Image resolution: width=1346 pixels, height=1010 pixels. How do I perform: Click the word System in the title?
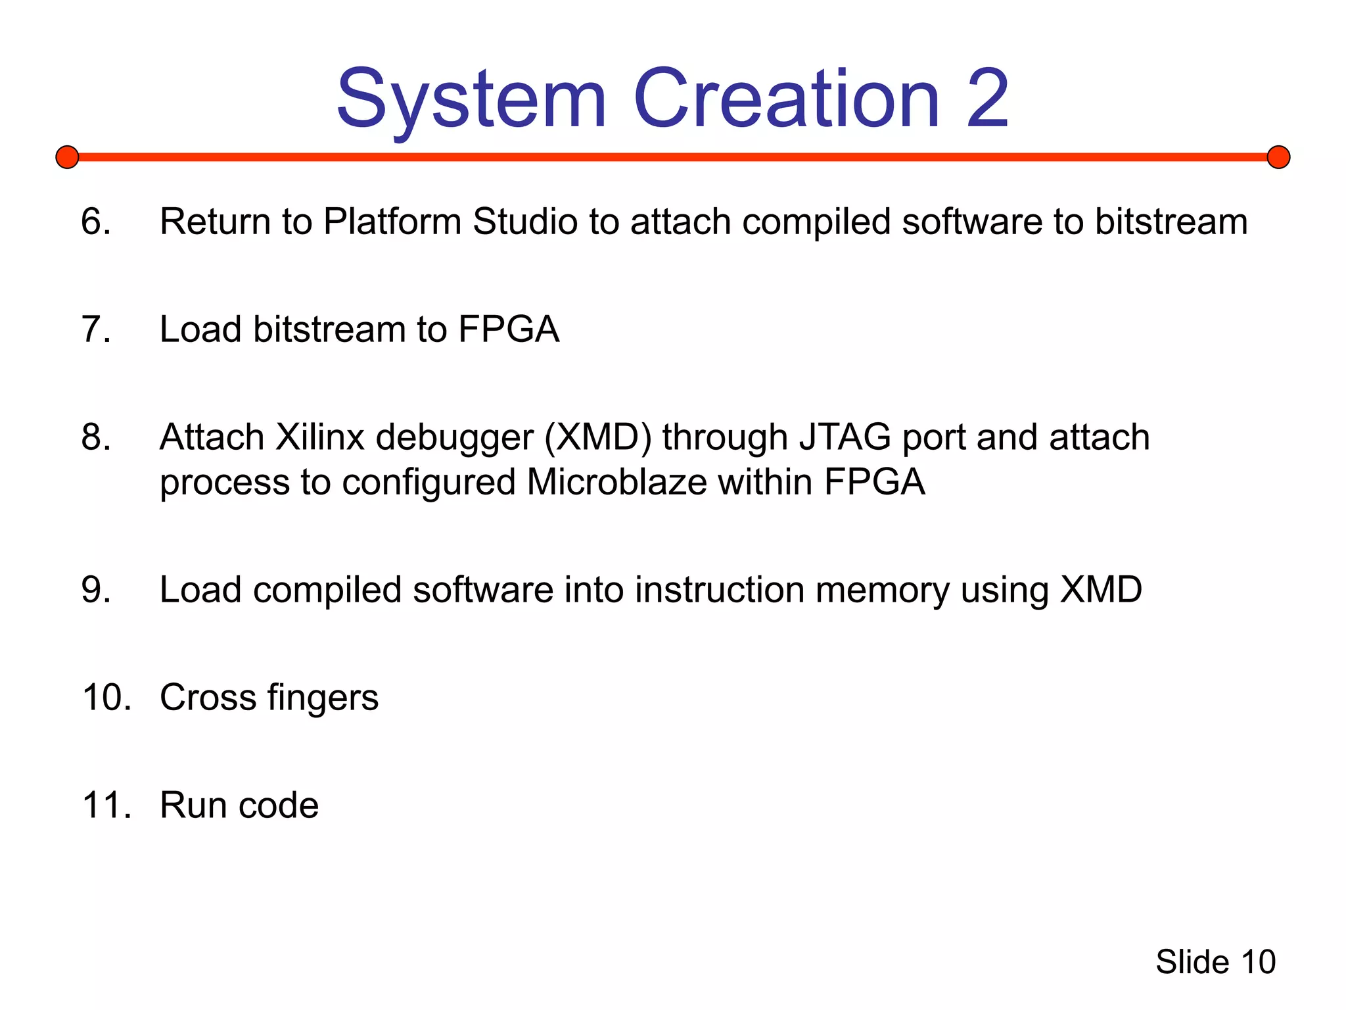pos(471,100)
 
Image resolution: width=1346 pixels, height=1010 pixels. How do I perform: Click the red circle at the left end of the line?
pos(67,157)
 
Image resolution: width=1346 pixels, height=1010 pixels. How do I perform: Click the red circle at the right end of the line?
pos(1278,157)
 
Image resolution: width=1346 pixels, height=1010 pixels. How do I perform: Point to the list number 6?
pos(96,221)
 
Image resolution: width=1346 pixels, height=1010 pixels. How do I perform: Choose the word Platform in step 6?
pos(392,222)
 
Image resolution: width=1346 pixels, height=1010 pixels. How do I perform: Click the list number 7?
pos(96,329)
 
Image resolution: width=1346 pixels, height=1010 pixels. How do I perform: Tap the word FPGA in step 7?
pos(509,329)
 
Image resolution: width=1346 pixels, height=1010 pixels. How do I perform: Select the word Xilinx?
pos(319,437)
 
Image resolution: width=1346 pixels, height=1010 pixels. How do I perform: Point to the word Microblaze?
pos(616,482)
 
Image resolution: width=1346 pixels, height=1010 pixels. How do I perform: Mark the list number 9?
pos(96,589)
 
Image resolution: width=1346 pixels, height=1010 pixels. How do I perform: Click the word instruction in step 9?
pos(719,589)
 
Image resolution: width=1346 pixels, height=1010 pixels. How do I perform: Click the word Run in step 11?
pos(193,805)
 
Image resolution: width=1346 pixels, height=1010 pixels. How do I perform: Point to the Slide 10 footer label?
pos(1215,962)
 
